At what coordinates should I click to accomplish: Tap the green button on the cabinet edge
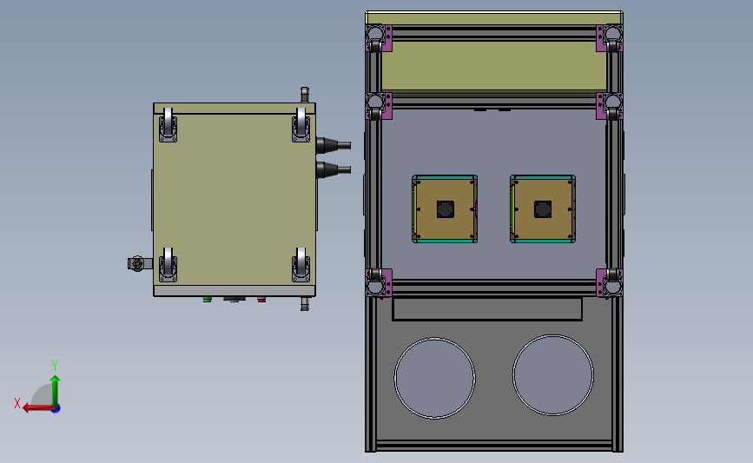pos(207,301)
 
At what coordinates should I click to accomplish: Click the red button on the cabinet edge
pos(261,301)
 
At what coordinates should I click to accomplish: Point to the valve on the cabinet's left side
pos(136,263)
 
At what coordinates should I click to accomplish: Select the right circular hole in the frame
pos(553,374)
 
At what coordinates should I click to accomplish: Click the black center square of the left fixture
pos(445,209)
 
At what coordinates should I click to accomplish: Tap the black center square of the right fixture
pos(543,209)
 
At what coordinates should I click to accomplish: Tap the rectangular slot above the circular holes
pos(487,308)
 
